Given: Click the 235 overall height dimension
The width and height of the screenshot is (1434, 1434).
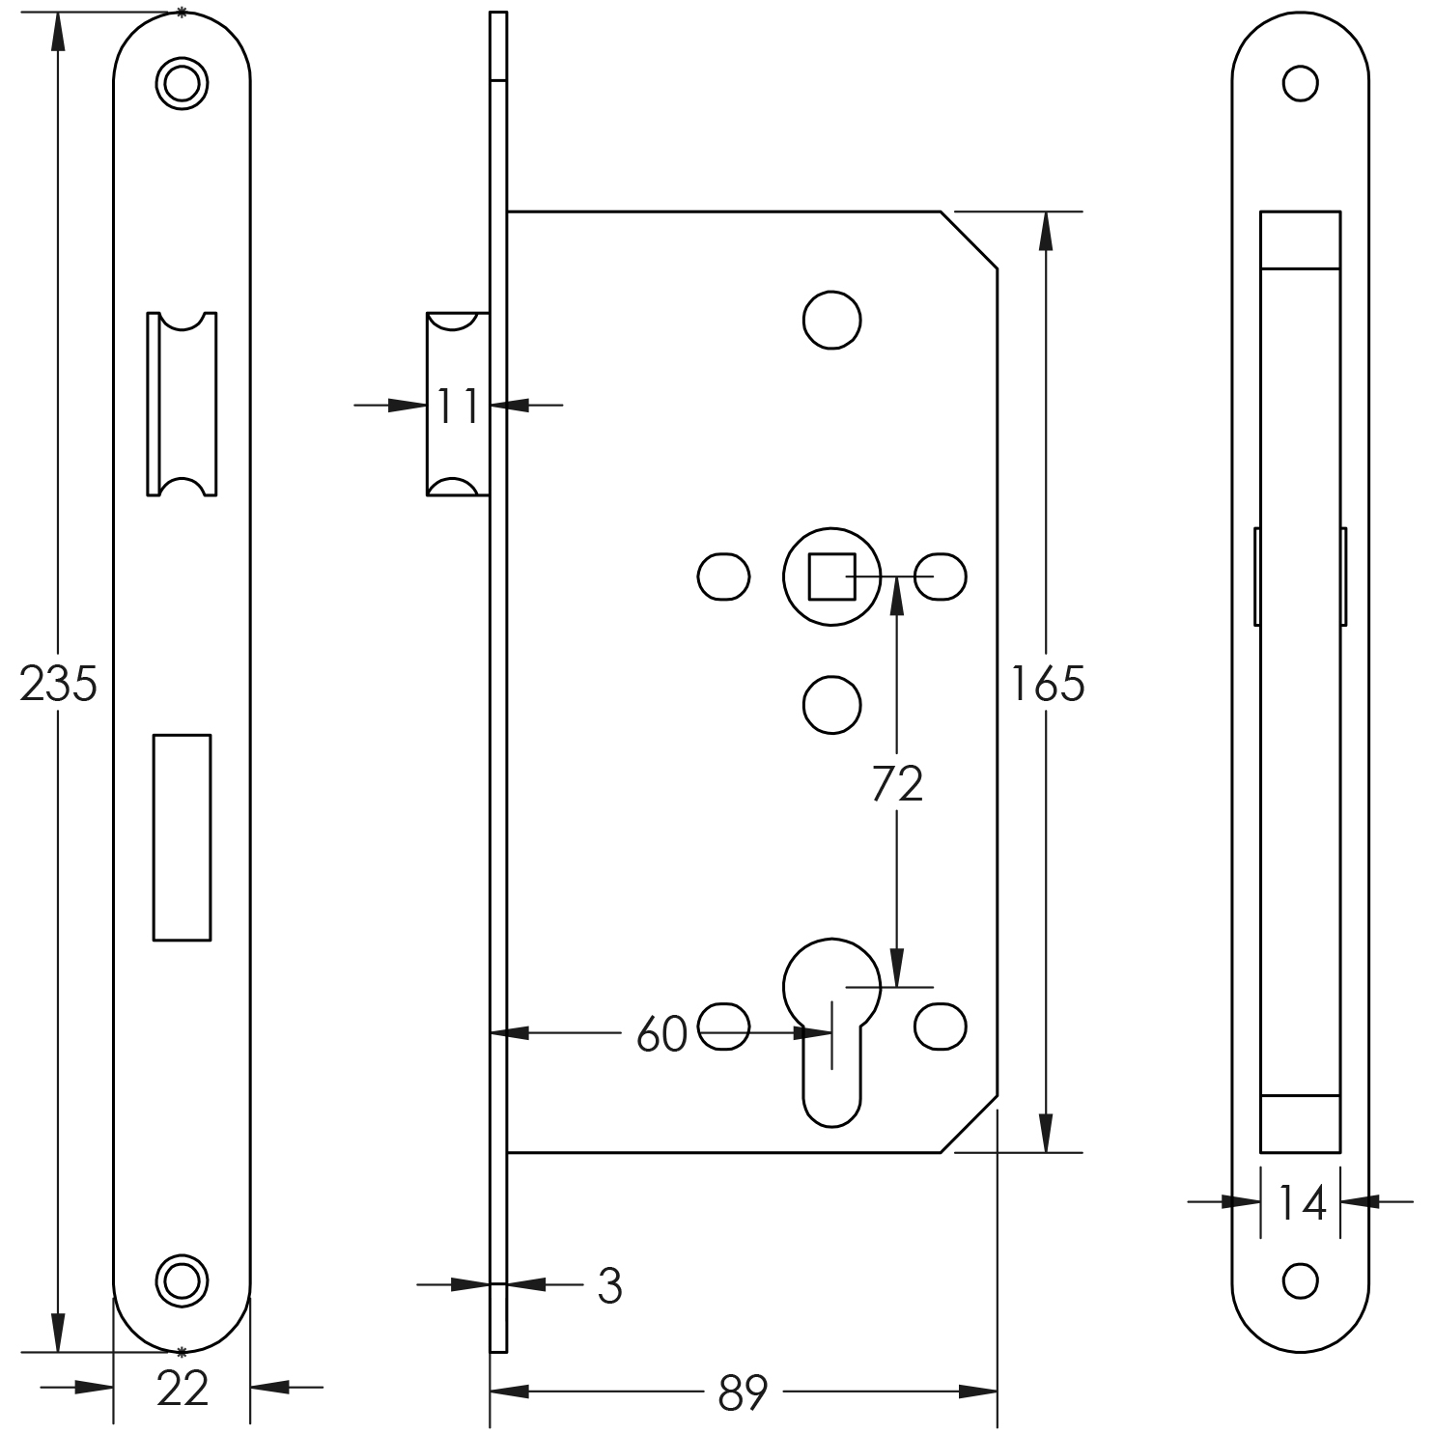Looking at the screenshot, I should point(58,684).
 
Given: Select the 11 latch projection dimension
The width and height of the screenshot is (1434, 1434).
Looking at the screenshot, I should point(457,406).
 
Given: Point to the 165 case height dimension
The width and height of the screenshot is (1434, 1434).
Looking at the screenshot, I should point(1047,684).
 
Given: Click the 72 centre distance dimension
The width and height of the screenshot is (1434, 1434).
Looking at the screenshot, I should point(897,783).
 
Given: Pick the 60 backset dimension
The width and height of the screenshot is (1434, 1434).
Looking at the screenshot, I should point(661,1034).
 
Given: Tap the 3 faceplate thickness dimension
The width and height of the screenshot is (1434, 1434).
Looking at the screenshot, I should point(609,1285).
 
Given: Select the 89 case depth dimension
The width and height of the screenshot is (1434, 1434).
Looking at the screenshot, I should point(743,1392).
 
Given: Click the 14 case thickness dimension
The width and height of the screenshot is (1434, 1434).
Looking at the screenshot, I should point(1302,1203).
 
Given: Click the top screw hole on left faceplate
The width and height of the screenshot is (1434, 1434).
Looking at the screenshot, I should point(182,83).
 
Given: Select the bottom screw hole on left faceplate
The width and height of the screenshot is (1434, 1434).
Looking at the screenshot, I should point(182,1280).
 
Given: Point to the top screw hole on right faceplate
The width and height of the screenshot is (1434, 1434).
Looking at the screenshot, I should point(1300,84).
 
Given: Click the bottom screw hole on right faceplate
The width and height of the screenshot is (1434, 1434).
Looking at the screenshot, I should point(1300,1280).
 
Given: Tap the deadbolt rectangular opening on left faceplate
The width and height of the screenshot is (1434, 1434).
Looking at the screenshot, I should point(182,837).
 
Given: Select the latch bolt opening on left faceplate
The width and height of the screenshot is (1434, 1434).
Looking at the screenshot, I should point(182,404).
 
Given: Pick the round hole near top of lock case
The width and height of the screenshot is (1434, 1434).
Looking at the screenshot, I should point(831,320).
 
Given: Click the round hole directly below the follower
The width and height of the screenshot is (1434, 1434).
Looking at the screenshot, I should point(831,704).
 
